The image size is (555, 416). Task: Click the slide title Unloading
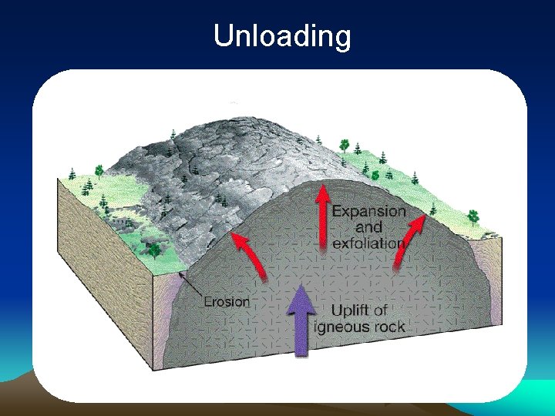[x=281, y=35]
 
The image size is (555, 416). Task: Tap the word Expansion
[x=368, y=210]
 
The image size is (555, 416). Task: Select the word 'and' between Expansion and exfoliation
[x=368, y=226]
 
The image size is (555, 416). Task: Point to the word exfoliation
[x=368, y=243]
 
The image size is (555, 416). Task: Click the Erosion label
[x=226, y=301]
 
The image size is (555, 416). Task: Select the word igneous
[x=341, y=327]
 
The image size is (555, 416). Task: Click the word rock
[x=387, y=327]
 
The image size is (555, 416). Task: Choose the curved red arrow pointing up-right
[x=409, y=239]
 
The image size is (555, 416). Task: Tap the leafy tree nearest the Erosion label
[x=156, y=250]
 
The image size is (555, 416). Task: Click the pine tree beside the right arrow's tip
[x=432, y=209]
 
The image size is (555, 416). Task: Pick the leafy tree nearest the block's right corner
[x=473, y=216]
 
